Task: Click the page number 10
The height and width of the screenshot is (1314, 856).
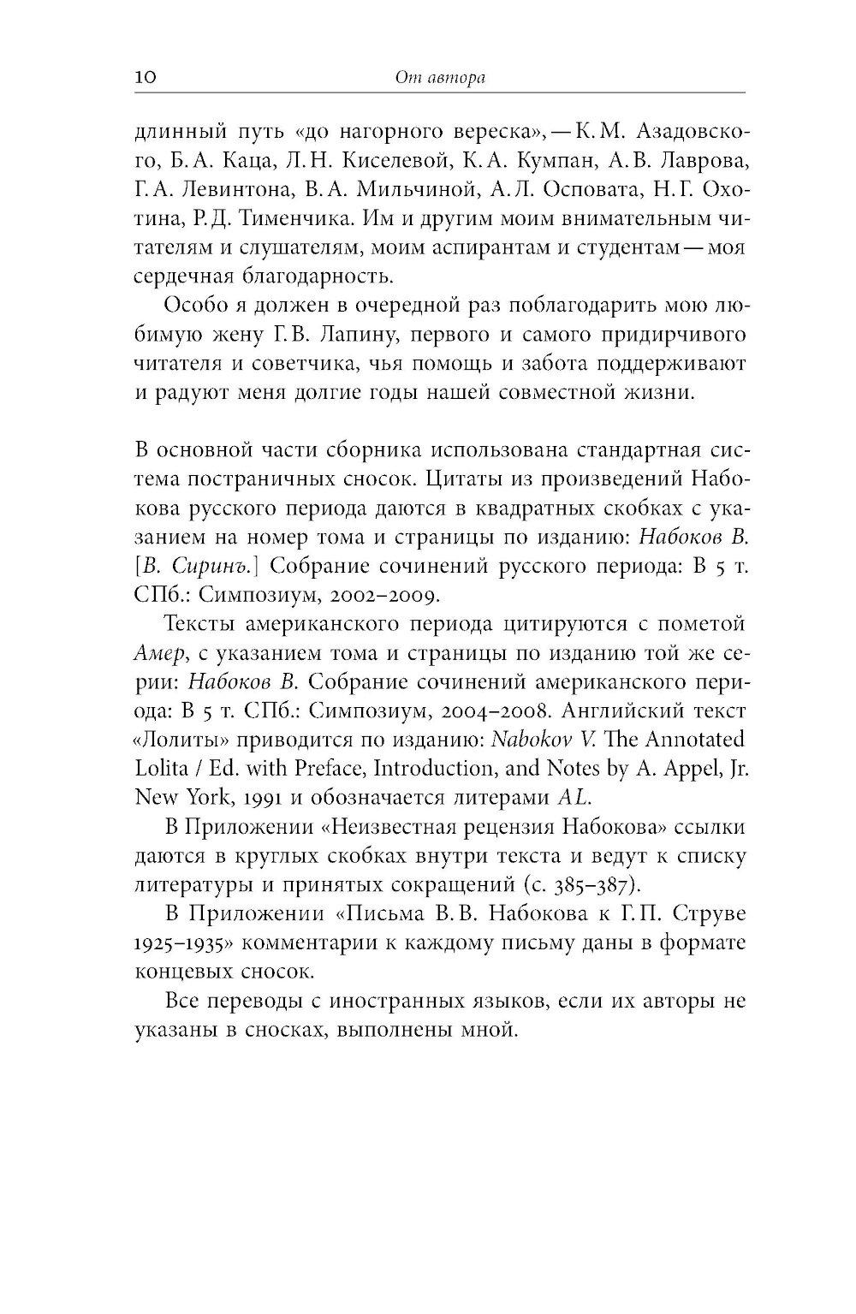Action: click(x=144, y=78)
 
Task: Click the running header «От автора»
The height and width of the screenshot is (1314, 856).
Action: click(x=440, y=79)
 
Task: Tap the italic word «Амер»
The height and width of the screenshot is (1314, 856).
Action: click(x=159, y=653)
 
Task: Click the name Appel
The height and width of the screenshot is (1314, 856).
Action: click(x=676, y=769)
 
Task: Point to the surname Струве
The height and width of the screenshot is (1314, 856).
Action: click(x=710, y=913)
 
